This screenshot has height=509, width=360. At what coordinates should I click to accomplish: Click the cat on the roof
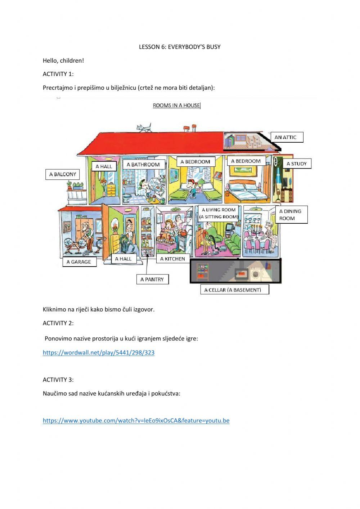144,128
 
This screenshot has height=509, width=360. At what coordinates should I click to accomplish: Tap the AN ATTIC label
286,137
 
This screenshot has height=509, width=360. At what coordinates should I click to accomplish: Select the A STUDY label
296,164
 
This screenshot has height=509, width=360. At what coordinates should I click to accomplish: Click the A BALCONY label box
63,174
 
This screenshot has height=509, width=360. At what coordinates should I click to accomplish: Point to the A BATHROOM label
143,165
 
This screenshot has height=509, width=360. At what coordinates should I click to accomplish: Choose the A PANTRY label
152,279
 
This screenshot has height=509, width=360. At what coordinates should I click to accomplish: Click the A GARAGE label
79,262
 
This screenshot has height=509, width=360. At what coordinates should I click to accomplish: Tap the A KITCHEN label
173,259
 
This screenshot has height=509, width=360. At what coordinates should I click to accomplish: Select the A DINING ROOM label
291,215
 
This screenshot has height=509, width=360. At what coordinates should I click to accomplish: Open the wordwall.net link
99,353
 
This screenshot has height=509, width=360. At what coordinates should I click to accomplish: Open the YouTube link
136,420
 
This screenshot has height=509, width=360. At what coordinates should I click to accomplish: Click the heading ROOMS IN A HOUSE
176,106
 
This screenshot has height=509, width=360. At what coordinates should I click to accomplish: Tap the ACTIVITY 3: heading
58,380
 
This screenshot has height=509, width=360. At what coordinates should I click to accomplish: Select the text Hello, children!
63,61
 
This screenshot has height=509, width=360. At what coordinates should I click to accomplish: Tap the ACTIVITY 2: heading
58,323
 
